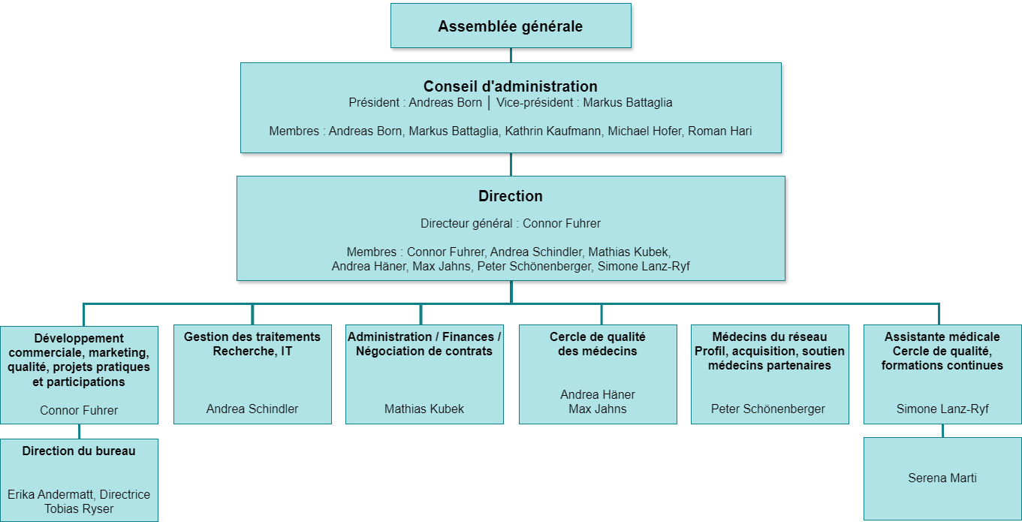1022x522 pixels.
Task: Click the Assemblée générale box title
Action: [511, 26]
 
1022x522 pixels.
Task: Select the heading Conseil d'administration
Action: [511, 86]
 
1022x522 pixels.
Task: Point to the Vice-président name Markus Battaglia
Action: [628, 102]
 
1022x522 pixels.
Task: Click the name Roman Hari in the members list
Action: [720, 131]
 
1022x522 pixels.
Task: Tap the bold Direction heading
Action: [511, 196]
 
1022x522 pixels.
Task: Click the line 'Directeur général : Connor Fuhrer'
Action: [511, 223]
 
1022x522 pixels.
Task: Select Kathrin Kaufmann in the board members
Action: [553, 131]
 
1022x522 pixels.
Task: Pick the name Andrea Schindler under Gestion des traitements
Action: [252, 409]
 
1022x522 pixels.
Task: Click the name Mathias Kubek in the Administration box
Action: [424, 409]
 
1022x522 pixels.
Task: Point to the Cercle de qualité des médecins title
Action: [597, 344]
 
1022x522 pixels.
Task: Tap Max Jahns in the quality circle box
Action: [598, 409]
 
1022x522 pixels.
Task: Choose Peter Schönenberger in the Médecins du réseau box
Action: [768, 409]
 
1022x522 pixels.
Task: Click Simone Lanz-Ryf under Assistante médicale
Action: [942, 409]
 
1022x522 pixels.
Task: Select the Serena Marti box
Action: [942, 478]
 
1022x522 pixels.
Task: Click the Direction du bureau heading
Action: [79, 451]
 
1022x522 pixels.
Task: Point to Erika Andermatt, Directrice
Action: [79, 494]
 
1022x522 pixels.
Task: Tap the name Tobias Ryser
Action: [79, 508]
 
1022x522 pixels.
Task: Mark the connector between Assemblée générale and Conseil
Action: [511, 55]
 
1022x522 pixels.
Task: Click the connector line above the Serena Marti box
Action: [942, 430]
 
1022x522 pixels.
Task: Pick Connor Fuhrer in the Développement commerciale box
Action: [79, 410]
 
